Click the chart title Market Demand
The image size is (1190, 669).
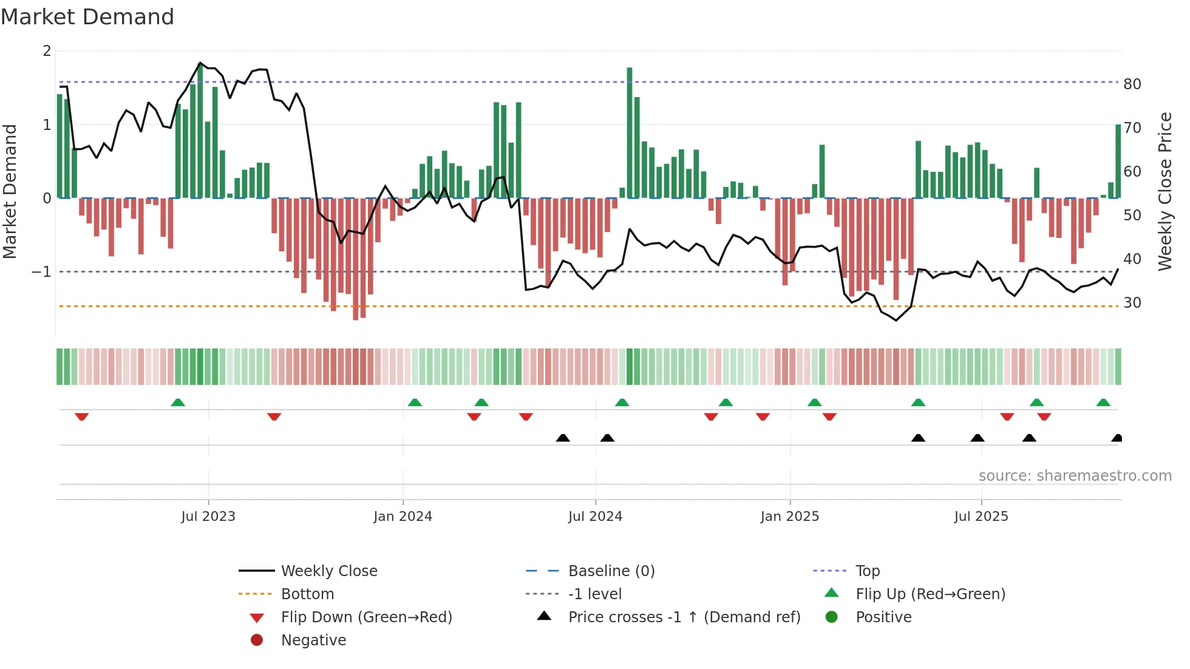click(87, 17)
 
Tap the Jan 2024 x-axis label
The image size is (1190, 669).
click(403, 517)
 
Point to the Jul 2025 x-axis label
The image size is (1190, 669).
click(981, 517)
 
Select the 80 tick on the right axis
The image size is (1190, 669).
click(1132, 84)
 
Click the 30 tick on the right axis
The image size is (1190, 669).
click(1132, 303)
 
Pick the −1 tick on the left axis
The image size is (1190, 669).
click(42, 272)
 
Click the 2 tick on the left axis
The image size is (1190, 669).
click(47, 51)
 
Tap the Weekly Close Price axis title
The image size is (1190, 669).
click(1164, 191)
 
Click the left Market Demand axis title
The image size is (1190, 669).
click(10, 191)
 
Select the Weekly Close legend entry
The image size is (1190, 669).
click(328, 571)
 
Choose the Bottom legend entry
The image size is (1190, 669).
click(307, 594)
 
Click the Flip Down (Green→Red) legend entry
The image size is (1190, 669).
click(366, 617)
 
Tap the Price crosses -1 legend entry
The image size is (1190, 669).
click(684, 617)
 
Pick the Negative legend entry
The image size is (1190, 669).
click(313, 640)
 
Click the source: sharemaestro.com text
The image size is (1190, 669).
click(1075, 476)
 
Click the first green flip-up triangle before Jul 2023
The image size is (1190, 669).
click(178, 402)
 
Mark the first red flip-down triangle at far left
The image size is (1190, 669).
click(82, 416)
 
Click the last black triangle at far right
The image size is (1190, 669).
click(1117, 438)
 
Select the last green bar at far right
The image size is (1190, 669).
click(1118, 161)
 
